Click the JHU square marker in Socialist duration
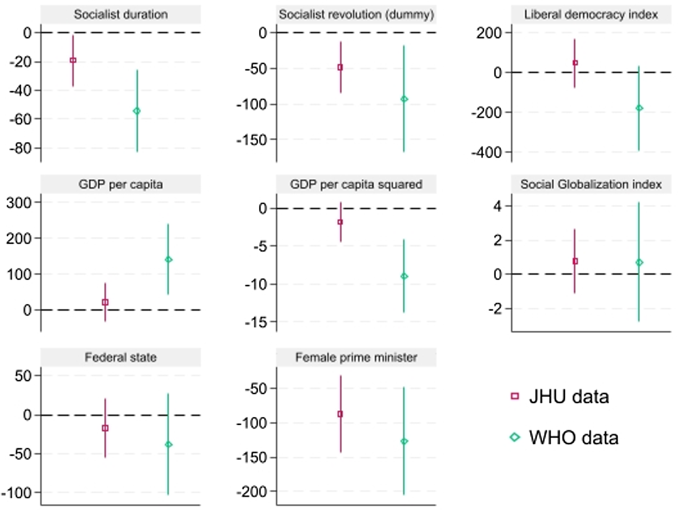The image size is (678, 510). coord(73,60)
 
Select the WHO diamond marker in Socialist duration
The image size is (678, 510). coord(137,111)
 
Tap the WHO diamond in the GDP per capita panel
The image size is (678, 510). coord(168,260)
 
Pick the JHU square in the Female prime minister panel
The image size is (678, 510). coord(340,414)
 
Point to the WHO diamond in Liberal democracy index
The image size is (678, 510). coord(639,108)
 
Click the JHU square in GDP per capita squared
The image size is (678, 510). coord(340,222)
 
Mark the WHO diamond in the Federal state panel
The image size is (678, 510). coord(168,444)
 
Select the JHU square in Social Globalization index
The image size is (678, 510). coord(575,261)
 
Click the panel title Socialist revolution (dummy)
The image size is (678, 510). coord(356,15)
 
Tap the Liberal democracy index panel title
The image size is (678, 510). coord(591,15)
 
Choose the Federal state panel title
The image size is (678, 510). coord(121,357)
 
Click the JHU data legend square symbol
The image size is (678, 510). coord(515,396)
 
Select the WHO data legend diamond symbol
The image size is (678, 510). coord(515,437)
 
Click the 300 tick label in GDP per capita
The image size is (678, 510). coord(19,203)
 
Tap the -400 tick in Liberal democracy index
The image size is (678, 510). coord(486,153)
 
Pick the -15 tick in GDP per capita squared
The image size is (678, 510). coord(256,322)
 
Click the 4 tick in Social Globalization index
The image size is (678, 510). coord(497,206)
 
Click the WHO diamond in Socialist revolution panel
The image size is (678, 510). coord(404,99)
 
